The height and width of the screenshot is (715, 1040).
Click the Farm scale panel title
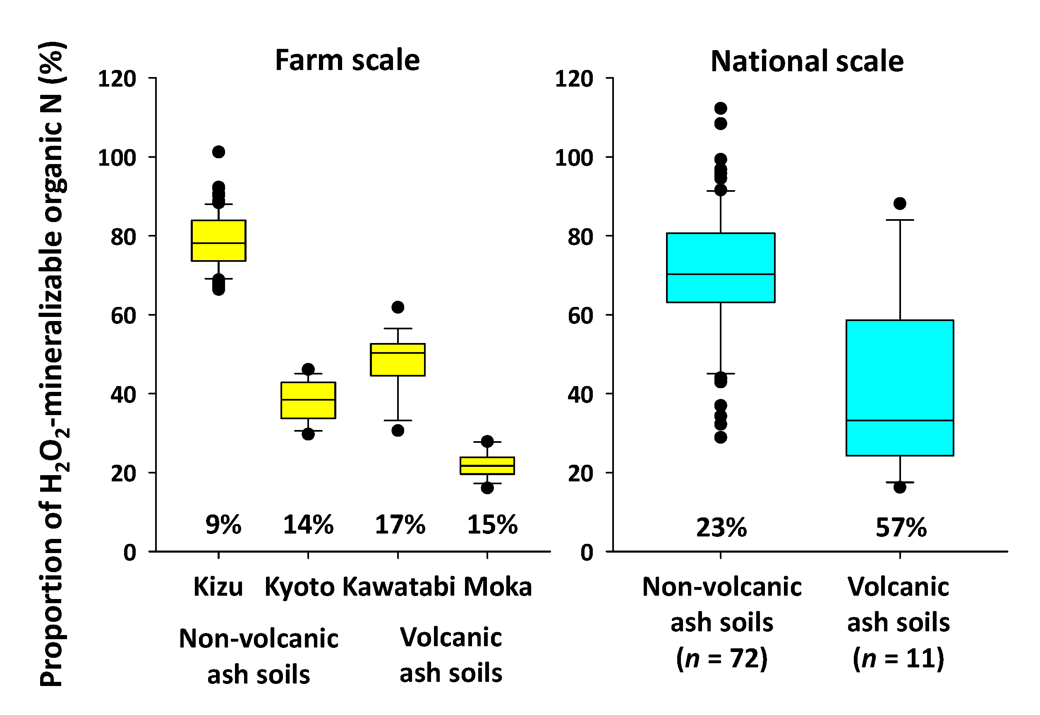tap(347, 60)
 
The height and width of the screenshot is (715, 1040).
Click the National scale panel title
tap(807, 61)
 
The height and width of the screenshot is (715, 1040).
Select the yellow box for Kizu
tap(218, 241)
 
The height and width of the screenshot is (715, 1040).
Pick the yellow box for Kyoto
tap(308, 400)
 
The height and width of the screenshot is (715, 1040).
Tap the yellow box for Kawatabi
tap(398, 359)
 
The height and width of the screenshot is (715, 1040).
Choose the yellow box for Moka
tap(487, 466)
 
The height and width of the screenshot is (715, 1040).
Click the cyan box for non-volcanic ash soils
tap(721, 268)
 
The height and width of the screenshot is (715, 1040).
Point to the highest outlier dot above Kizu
tap(218, 152)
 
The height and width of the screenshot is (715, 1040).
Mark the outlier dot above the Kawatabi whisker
tap(398, 307)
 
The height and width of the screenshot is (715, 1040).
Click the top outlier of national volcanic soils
tap(899, 204)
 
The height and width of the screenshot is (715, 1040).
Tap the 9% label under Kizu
tap(223, 524)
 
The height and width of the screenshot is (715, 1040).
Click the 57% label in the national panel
tap(901, 528)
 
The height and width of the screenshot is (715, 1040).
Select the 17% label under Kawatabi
tap(400, 524)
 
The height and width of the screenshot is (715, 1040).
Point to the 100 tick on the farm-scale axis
tap(117, 158)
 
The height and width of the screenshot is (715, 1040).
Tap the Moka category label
tap(497, 587)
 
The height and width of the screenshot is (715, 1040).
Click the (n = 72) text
tap(721, 658)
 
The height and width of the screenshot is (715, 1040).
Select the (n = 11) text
tap(898, 658)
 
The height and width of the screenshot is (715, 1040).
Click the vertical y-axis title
tap(53, 364)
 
